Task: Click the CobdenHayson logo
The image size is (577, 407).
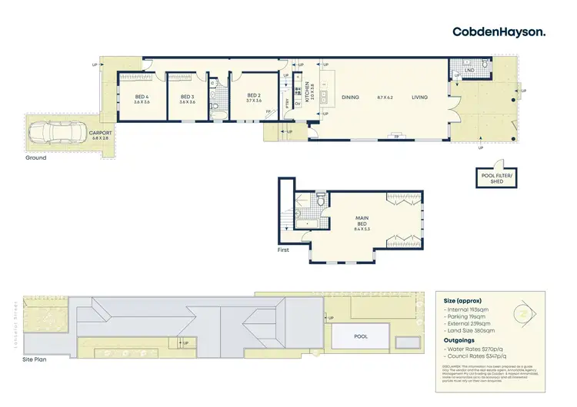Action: (x=499, y=31)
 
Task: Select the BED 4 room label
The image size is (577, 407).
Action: (x=142, y=98)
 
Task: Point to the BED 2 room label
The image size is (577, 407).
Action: (x=254, y=97)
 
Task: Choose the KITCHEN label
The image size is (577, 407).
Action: (x=306, y=93)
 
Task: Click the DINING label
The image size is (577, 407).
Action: (x=350, y=98)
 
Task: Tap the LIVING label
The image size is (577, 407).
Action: (x=419, y=98)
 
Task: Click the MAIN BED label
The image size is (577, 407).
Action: (x=362, y=222)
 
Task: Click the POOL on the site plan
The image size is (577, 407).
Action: (x=359, y=336)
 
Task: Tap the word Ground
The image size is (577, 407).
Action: (x=35, y=158)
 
